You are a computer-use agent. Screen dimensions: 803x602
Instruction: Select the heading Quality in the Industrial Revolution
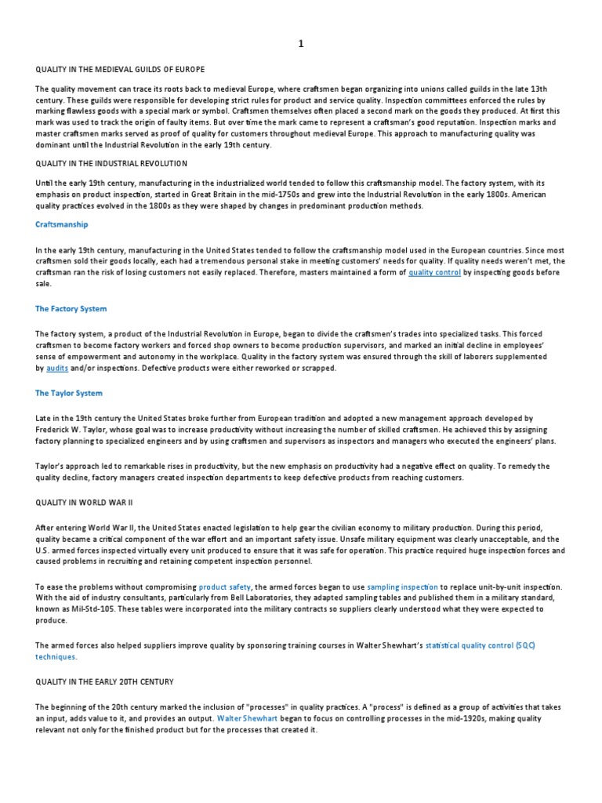(111, 163)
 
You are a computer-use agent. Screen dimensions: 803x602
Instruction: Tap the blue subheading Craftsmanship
(62, 224)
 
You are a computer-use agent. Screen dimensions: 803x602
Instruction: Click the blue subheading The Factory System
(71, 309)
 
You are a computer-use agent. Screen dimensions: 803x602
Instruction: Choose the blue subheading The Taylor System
(69, 393)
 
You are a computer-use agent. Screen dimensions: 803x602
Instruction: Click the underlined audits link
(57, 368)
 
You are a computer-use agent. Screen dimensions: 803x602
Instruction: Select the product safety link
(223, 586)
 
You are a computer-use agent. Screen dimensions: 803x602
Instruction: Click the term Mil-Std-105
(92, 609)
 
